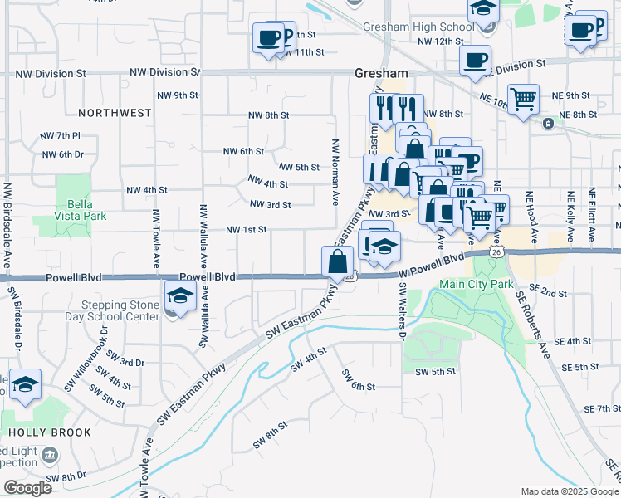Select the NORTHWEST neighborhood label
(115, 112)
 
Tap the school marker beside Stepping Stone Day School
(180, 296)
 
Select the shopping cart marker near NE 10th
(523, 100)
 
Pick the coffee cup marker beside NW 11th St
(268, 38)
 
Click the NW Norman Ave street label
(336, 172)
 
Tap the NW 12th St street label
(440, 41)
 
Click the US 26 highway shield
(496, 251)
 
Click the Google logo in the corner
(27, 487)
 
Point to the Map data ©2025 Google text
(569, 491)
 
